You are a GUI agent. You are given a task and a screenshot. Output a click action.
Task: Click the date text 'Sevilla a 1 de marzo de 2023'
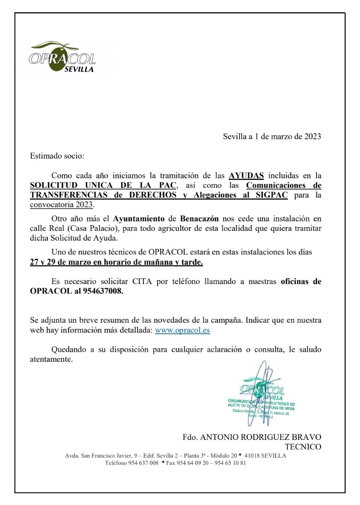click(272, 137)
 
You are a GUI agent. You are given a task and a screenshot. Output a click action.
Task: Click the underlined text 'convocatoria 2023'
click(62, 205)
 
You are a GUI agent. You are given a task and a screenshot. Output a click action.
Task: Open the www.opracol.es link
click(182, 330)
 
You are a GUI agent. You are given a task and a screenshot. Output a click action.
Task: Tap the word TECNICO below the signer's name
click(303, 447)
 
